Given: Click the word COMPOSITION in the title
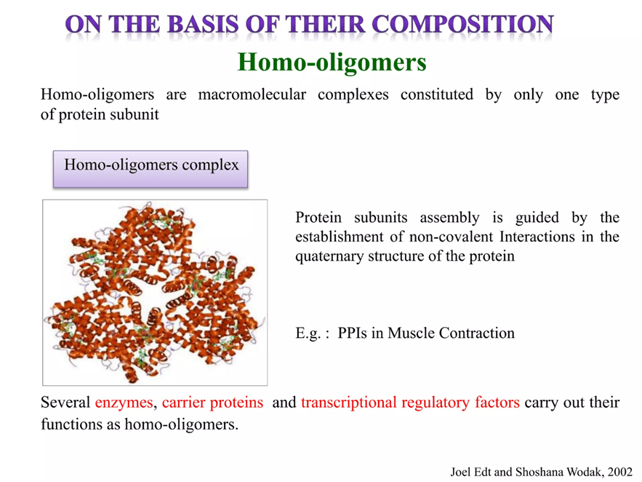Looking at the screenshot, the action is (x=462, y=24).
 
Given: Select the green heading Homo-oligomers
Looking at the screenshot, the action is (x=332, y=63).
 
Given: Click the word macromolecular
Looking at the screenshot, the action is (x=252, y=94).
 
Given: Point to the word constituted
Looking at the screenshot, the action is (x=437, y=94).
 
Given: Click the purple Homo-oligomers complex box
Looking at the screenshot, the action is (x=151, y=169).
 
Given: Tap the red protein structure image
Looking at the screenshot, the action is (x=155, y=293).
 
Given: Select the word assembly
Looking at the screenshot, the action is (x=449, y=218).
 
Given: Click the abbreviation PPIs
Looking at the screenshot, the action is (x=352, y=333).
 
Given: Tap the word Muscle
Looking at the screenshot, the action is (x=411, y=333).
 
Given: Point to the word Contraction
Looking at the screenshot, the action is (x=476, y=333).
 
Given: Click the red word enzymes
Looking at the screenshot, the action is (x=124, y=403).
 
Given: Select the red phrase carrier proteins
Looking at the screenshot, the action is (x=212, y=403).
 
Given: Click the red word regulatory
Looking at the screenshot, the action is (x=436, y=403).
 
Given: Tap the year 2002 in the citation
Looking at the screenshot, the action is (x=620, y=472).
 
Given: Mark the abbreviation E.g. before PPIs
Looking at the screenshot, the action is (x=307, y=333).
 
